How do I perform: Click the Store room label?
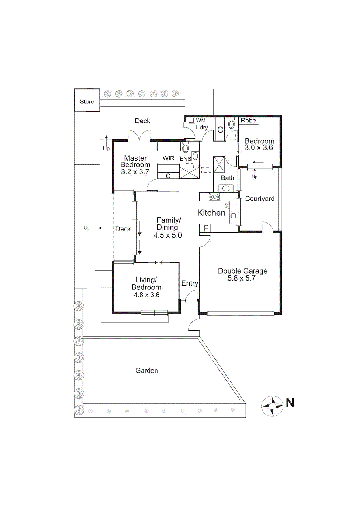87,102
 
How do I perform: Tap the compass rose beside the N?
272,406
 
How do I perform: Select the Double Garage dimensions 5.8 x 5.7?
241,278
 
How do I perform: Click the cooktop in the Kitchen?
214,197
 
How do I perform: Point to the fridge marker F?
206,228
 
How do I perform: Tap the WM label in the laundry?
201,121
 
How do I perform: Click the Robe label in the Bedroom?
248,121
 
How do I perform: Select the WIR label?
169,158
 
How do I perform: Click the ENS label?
185,158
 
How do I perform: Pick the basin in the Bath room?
226,188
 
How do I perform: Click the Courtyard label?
260,199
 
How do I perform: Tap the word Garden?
147,371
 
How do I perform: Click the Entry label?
190,283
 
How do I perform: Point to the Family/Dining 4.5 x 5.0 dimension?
168,235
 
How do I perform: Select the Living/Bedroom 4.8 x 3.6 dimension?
147,295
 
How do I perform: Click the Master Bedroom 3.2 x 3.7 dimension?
135,172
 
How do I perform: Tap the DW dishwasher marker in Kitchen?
227,206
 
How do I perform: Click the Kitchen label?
211,213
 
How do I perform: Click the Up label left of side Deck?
87,228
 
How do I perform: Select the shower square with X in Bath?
219,164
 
